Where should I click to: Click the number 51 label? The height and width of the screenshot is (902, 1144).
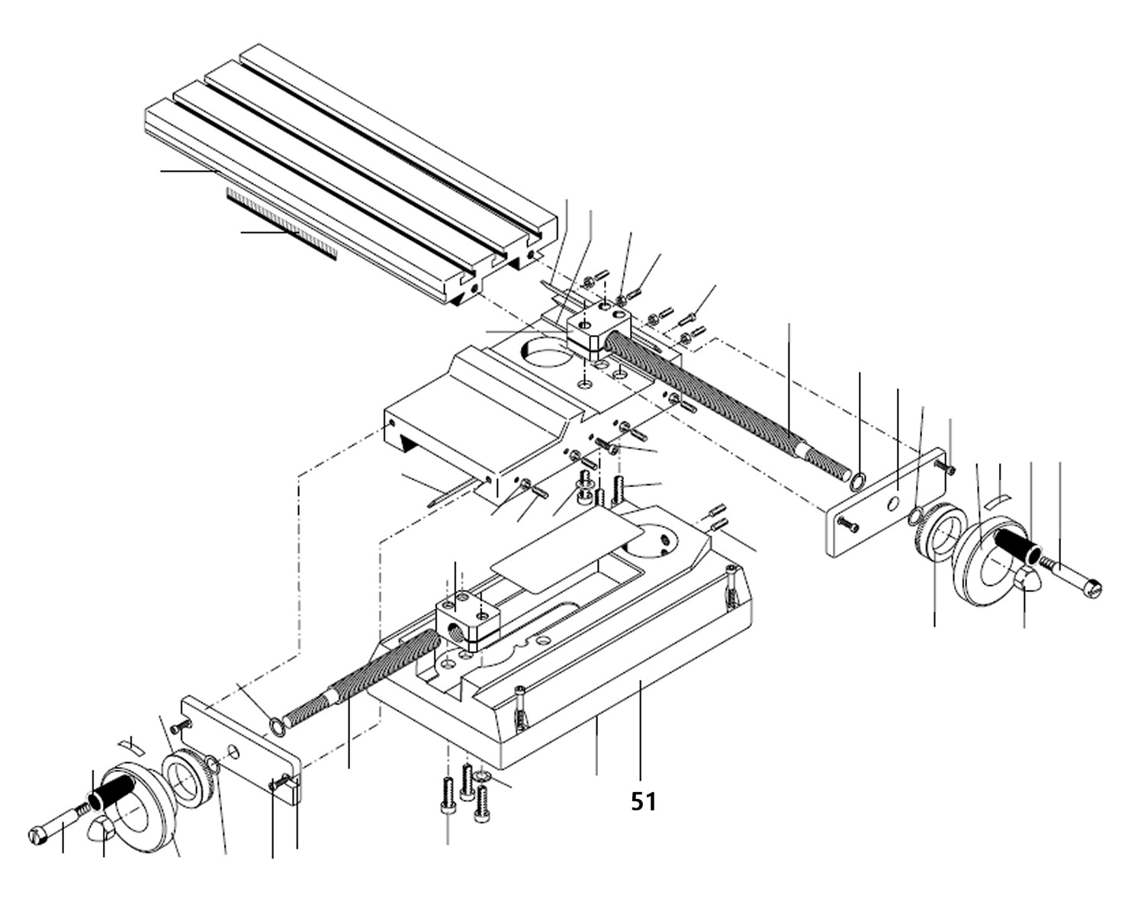pos(643,801)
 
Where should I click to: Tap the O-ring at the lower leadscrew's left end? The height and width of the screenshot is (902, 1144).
pos(277,723)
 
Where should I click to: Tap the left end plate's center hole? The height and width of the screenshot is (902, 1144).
pos(233,753)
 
